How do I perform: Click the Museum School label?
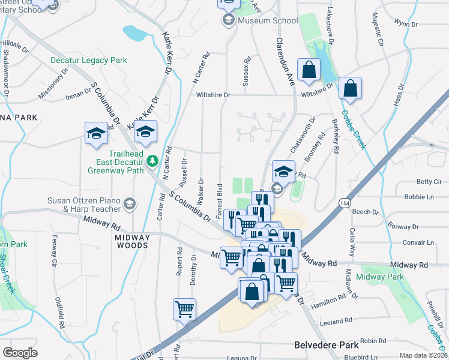pos(267,20)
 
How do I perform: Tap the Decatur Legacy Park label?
pos(89,61)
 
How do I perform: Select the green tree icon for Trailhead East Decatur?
pos(152,160)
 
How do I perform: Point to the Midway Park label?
pos(379,277)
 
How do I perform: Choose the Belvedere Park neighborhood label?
pos(327,345)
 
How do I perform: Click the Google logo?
pos(20,352)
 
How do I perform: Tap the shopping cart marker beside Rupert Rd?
pos(184,309)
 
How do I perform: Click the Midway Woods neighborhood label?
pos(131,241)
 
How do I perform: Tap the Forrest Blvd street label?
pos(220,201)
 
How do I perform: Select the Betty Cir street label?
pos(429,182)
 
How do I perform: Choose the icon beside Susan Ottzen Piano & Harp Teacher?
pos(129,205)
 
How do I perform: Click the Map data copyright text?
pos(423,355)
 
